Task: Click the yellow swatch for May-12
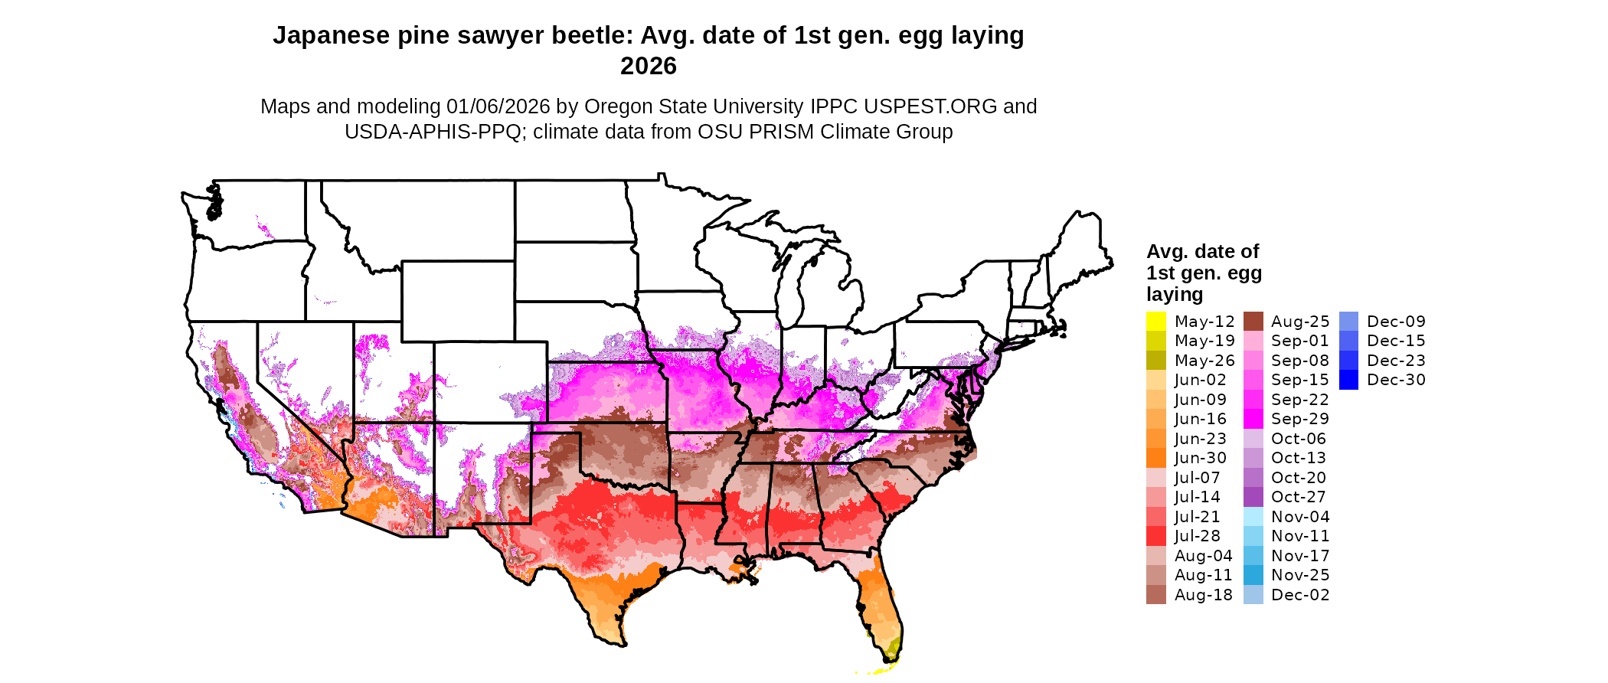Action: point(1155,322)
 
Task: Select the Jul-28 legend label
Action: point(1198,536)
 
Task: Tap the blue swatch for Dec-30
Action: point(1348,380)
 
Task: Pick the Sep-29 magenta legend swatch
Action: point(1253,419)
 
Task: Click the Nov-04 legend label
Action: point(1300,517)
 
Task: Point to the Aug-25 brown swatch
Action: point(1253,322)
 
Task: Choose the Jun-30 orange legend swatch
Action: point(1155,458)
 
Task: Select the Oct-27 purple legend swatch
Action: point(1253,497)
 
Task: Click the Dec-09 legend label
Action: point(1396,322)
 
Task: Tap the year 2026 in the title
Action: point(649,66)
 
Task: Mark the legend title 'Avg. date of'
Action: point(1202,251)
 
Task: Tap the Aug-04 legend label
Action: point(1203,556)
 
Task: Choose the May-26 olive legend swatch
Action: point(1155,361)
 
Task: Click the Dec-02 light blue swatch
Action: point(1253,595)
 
